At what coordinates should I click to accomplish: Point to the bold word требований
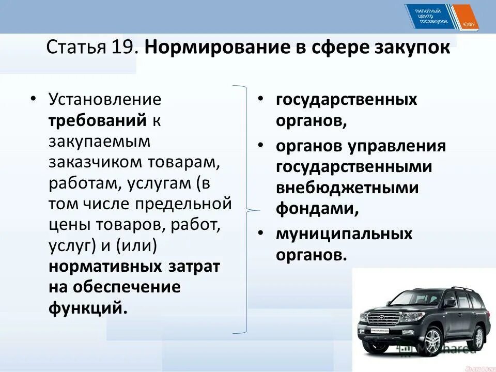click(98, 120)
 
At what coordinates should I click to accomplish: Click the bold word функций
click(87, 308)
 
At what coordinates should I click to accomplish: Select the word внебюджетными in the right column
click(347, 188)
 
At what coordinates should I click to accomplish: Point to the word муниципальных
click(344, 234)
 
